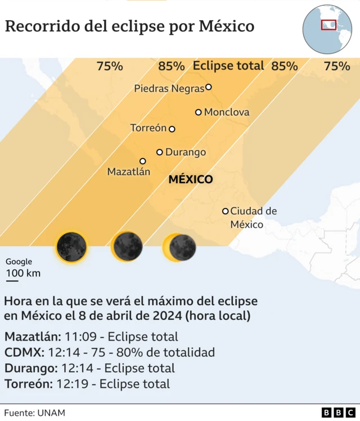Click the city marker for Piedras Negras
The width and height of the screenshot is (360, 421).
pos(209,87)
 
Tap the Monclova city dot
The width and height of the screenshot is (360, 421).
pos(199,112)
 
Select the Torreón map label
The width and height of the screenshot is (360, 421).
pos(148,128)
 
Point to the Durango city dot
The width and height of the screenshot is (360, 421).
pos(160,152)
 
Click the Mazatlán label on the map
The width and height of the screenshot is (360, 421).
pos(129,172)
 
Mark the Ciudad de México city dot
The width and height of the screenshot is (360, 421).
pos(226,211)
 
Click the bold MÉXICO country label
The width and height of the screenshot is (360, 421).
pos(191,180)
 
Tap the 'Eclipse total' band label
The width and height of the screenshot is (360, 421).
pos(228,66)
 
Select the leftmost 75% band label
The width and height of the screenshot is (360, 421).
pos(110,66)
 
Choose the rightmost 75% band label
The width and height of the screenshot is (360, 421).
pos(337,66)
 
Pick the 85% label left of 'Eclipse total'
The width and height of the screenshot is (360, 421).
pos(171,66)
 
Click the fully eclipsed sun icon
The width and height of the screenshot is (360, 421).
pos(71,246)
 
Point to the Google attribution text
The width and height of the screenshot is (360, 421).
pos(19,262)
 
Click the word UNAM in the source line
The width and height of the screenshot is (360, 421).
pos(52,413)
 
